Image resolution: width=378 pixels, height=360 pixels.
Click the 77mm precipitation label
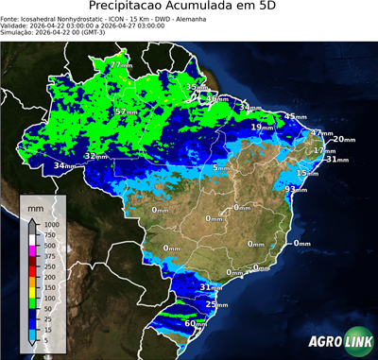coord(121,65)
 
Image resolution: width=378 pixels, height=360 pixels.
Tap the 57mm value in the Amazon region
coord(125,111)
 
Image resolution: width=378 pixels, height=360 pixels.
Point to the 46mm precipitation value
coord(217,98)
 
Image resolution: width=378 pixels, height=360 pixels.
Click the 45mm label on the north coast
coord(296,116)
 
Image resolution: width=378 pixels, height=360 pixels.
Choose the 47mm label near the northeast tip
coord(323,133)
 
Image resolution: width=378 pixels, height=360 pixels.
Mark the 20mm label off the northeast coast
coord(344,139)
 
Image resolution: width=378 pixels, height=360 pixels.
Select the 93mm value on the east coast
coord(296,190)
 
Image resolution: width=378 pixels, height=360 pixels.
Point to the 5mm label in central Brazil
coord(220,167)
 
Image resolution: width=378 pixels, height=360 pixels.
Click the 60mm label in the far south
coord(195,323)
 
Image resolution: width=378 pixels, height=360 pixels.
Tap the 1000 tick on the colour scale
coord(51,224)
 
